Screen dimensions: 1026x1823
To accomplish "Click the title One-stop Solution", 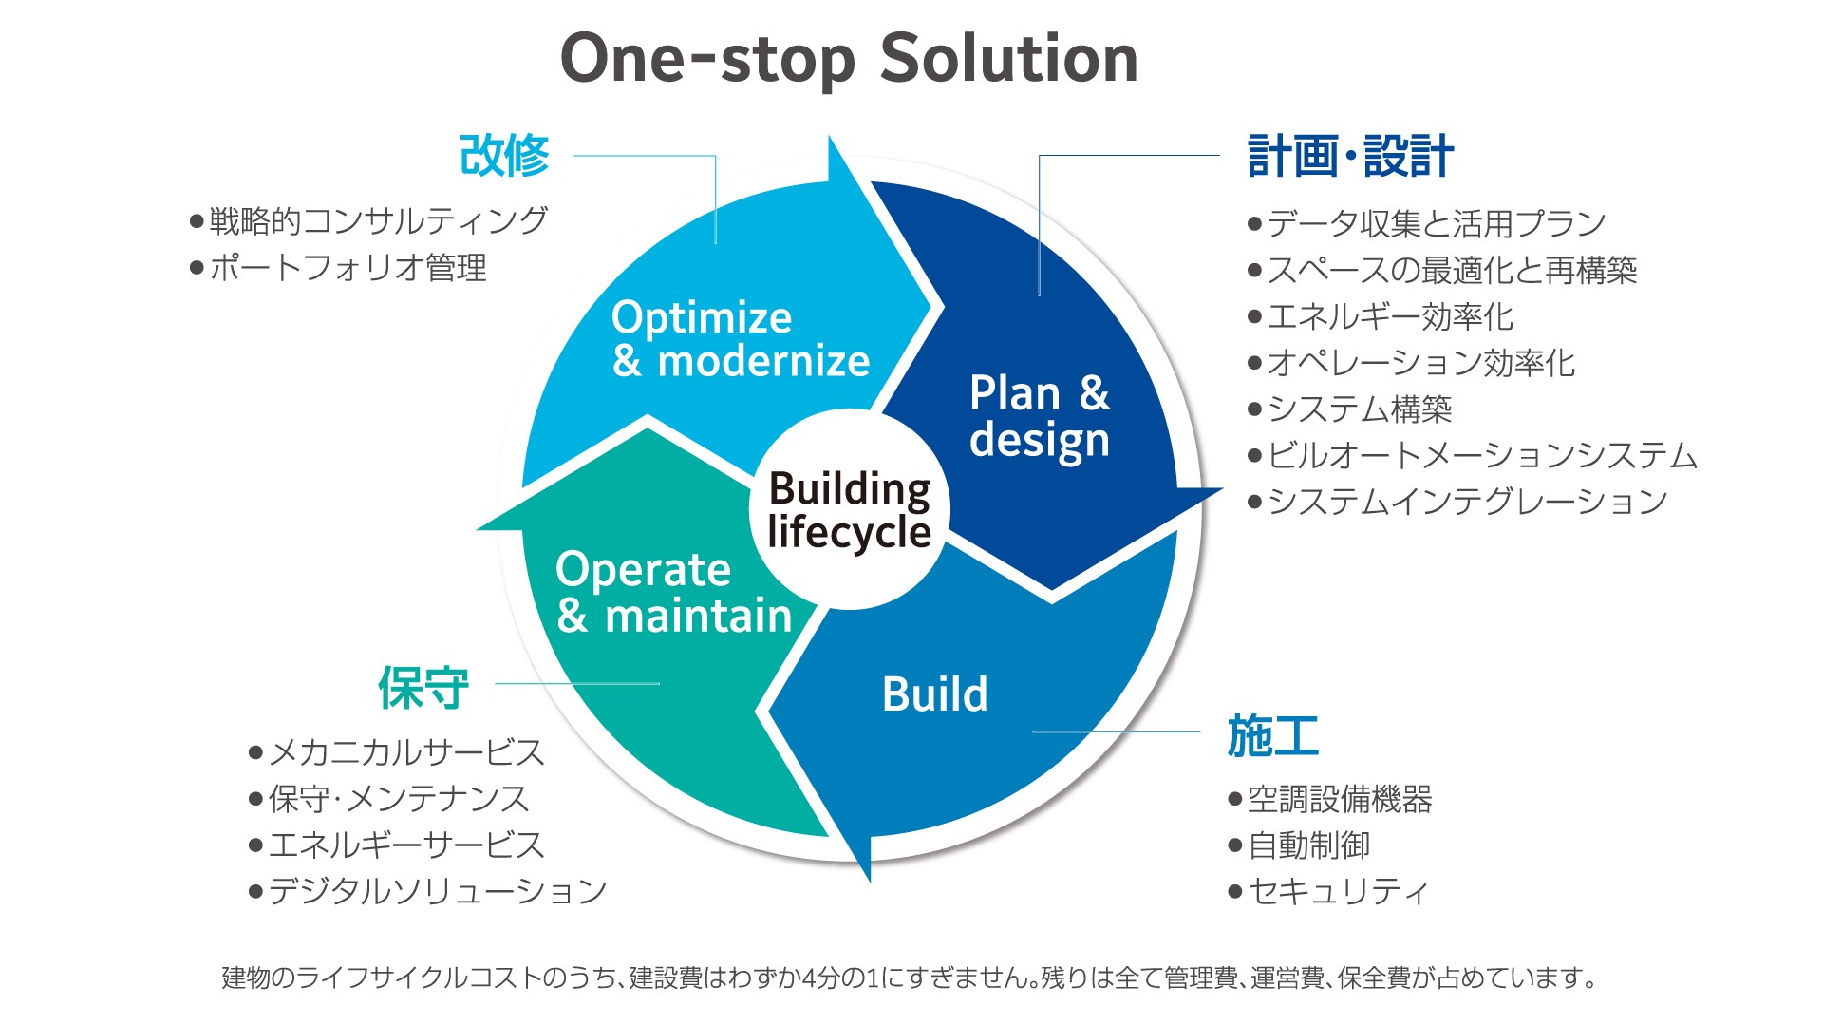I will click(x=849, y=59).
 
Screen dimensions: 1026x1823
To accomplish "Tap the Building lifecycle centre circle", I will click(x=849, y=510).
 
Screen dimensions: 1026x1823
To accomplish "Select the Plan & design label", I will click(x=1040, y=416).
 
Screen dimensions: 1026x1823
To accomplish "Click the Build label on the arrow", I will click(x=934, y=694).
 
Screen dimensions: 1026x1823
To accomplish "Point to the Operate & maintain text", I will click(x=673, y=592).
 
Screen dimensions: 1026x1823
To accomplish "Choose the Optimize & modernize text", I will click(x=740, y=339).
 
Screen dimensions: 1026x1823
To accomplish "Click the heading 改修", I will click(x=504, y=156).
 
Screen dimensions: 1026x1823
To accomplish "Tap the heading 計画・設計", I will click(x=1349, y=157).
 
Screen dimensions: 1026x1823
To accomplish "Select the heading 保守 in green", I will click(x=423, y=688).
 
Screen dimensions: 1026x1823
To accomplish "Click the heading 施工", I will click(x=1272, y=736).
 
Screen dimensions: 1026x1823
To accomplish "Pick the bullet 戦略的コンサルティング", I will click(x=378, y=221).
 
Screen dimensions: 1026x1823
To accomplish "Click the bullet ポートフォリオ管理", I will click(x=348, y=268).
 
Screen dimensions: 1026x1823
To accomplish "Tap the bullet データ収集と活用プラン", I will click(x=1436, y=224).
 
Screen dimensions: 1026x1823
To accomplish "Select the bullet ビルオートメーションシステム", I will click(x=1481, y=456).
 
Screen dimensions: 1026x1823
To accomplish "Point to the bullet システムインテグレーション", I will click(x=1467, y=502).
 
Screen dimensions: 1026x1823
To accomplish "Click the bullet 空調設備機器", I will click(x=1339, y=799).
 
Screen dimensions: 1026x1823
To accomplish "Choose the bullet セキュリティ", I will click(x=1337, y=891).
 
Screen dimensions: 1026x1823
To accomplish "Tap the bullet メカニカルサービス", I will click(x=406, y=753).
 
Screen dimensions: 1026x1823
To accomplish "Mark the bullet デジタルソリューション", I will click(x=437, y=891).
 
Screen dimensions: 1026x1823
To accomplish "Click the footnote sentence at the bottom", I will click(x=910, y=978).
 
